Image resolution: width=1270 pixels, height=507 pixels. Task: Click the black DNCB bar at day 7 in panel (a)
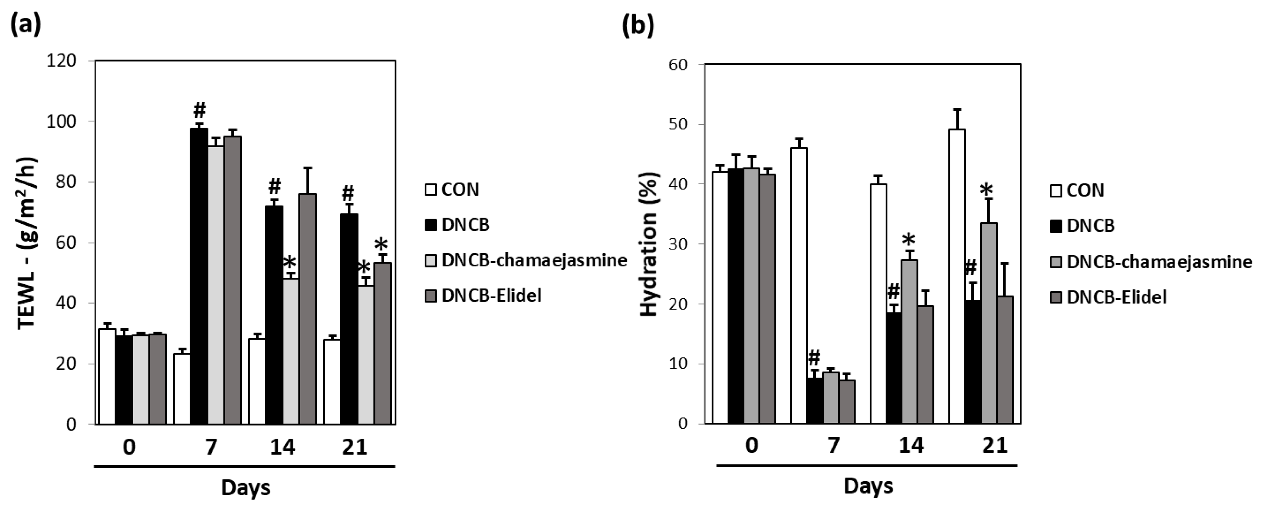click(x=199, y=276)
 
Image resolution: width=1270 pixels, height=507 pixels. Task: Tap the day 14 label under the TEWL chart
click(x=282, y=447)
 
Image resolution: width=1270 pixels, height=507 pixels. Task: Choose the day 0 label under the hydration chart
click(x=751, y=445)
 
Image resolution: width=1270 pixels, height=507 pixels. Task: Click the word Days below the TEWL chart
click(x=245, y=487)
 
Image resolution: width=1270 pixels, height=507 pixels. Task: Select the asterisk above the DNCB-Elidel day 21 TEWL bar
click(x=381, y=244)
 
